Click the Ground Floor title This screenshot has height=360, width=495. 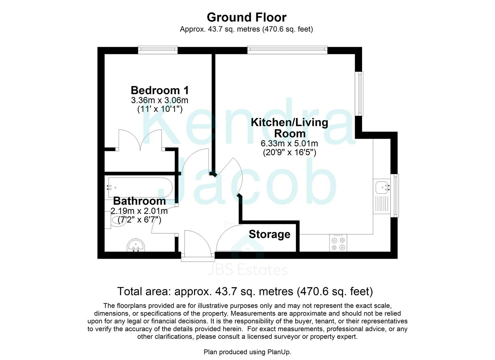246,17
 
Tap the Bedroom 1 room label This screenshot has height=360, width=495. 160,90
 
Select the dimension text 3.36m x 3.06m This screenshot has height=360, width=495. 160,100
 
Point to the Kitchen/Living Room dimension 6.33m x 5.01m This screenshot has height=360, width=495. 289,144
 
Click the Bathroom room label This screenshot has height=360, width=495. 139,201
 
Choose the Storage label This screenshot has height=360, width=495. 269,234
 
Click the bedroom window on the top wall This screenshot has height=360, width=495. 158,50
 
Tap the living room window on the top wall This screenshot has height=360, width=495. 287,50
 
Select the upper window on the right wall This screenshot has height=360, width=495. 360,93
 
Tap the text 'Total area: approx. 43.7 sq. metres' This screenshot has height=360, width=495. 207,292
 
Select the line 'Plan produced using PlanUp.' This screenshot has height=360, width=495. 247,352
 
